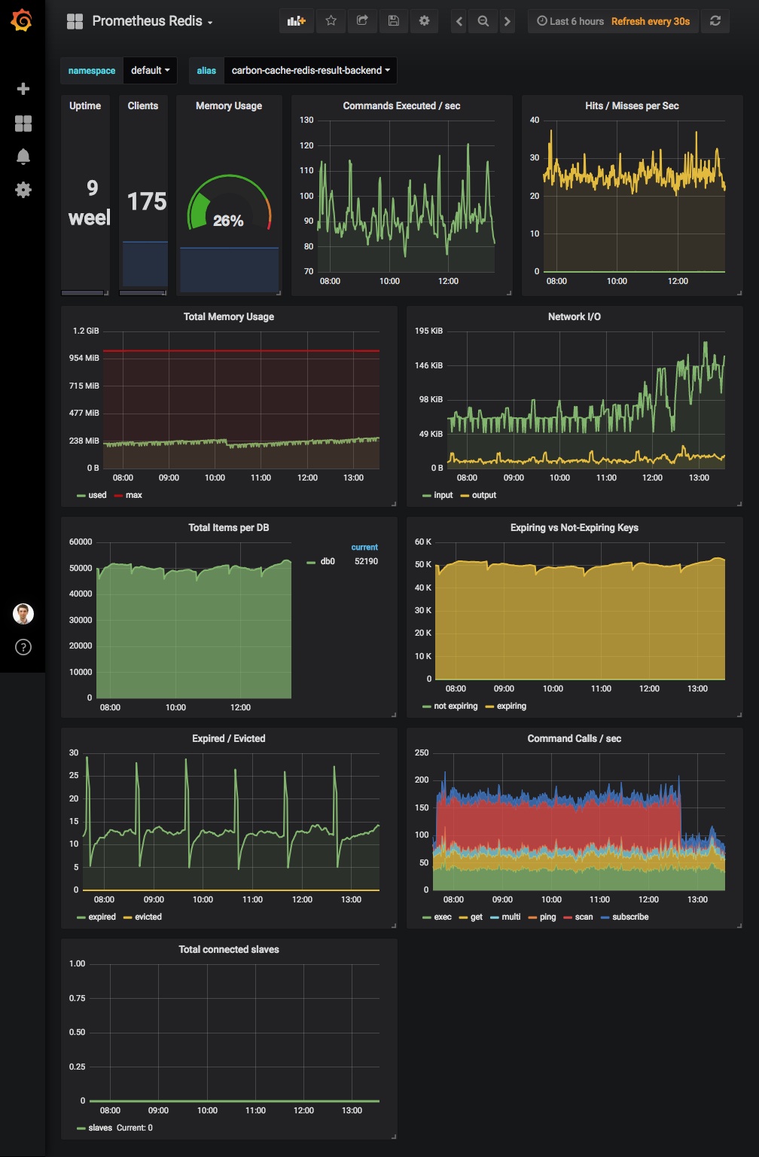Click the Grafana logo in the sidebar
pos(22,21)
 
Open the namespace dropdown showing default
pos(150,70)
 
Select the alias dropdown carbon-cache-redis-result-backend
pos(310,70)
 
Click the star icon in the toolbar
pos(331,21)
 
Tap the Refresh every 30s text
pos(650,21)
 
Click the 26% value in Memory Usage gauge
pos(228,221)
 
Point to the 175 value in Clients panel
pos(146,201)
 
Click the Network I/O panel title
pos(574,316)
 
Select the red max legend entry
pos(133,495)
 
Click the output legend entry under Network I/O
pos(483,495)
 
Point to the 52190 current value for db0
pos(366,561)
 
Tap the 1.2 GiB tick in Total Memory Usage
pos(86,331)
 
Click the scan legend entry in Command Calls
pos(584,917)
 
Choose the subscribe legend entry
pos(629,917)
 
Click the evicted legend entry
pos(148,917)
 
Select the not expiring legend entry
pos(455,706)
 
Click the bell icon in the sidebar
pos(23,157)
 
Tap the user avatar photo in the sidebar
pos(23,614)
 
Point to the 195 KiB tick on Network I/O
pos(428,331)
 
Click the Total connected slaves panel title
pos(228,949)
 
